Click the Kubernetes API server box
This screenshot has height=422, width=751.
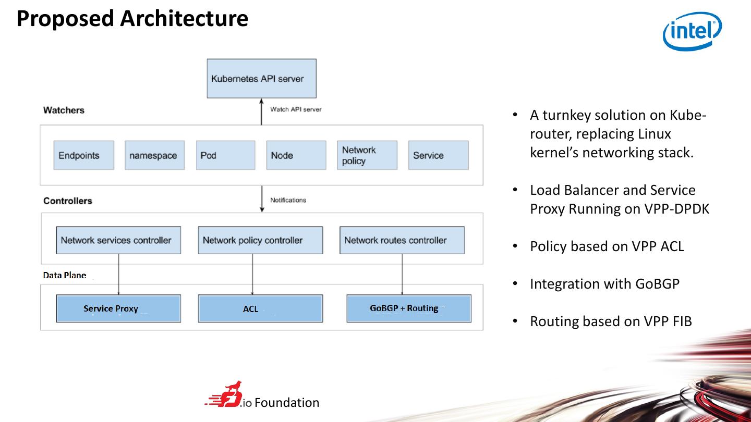tap(261, 79)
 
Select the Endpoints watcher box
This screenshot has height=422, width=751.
tap(83, 155)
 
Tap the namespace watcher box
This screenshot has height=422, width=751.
tap(154, 155)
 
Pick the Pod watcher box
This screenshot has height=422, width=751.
tap(225, 155)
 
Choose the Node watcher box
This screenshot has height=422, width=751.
tap(296, 155)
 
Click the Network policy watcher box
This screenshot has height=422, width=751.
tap(367, 155)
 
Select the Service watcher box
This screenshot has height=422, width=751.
tap(438, 155)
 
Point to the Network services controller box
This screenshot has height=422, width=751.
tap(118, 240)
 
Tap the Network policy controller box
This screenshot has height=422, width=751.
tap(260, 240)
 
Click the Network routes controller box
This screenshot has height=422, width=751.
tap(402, 240)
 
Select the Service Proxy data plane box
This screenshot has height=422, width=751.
tap(118, 308)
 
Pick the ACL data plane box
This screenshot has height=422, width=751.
tap(260, 308)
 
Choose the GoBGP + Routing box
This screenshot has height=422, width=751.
tap(409, 308)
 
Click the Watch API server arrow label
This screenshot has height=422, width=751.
tap(296, 109)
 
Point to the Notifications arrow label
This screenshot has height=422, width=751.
tap(288, 200)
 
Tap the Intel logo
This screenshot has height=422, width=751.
tap(692, 31)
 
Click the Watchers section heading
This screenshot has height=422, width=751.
tap(64, 110)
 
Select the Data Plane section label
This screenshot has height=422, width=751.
tap(65, 275)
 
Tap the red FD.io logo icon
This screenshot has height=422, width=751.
tap(227, 395)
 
